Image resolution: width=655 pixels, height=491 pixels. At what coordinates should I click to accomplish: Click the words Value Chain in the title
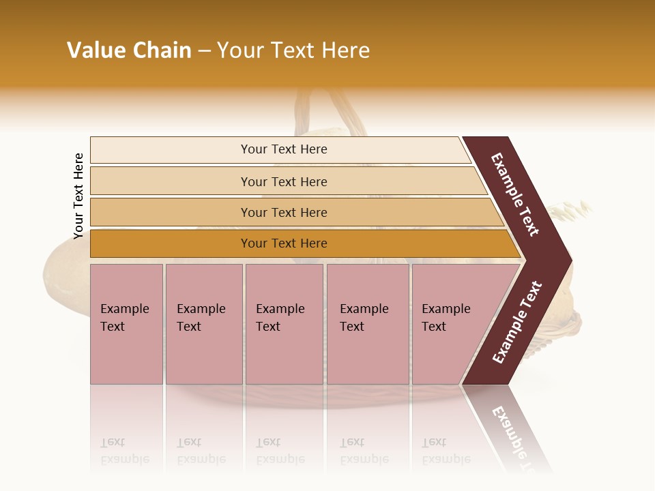(x=129, y=50)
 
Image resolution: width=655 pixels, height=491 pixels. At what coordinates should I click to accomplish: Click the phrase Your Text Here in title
(x=293, y=50)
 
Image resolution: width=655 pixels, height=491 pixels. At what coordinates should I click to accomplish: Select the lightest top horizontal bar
(x=283, y=149)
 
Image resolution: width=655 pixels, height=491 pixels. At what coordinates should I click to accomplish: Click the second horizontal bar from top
(x=283, y=181)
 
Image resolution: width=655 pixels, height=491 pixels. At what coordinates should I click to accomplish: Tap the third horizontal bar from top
(x=283, y=212)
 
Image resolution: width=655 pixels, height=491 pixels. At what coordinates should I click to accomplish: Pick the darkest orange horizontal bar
(x=283, y=243)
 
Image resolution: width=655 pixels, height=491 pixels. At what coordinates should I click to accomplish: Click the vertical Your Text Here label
(x=78, y=196)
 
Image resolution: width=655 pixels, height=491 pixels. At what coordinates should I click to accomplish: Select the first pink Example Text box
(x=126, y=324)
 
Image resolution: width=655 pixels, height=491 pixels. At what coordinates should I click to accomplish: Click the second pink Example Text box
(x=203, y=324)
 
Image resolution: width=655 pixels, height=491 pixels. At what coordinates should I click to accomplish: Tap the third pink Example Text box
(x=284, y=324)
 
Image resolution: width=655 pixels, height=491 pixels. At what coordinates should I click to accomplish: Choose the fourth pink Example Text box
(x=367, y=324)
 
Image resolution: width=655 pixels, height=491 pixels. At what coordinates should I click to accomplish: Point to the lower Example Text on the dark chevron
(x=517, y=323)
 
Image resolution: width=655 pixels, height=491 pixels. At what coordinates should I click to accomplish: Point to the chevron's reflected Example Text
(x=510, y=430)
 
